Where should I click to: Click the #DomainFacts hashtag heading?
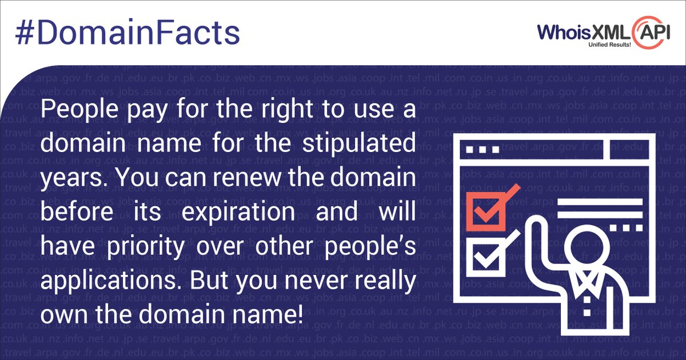point(127,34)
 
